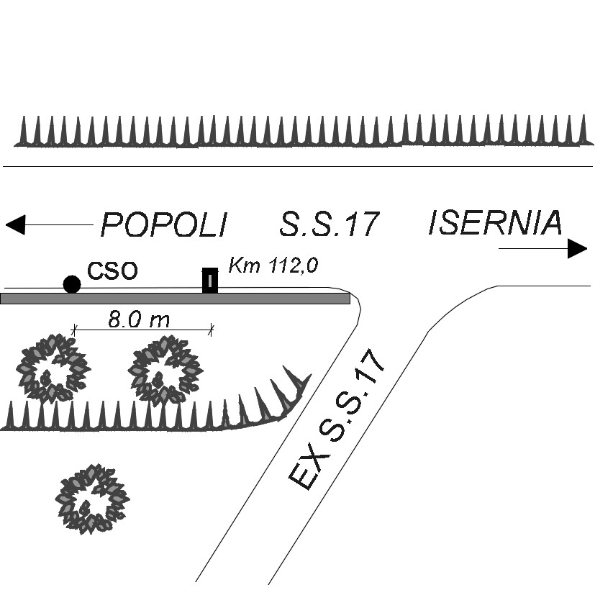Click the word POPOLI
click(164, 224)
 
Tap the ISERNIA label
click(495, 222)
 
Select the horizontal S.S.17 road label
click(330, 224)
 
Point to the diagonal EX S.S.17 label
click(336, 419)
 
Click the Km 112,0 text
click(273, 265)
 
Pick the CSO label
click(112, 271)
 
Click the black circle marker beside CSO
click(72, 284)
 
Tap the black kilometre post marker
click(210, 281)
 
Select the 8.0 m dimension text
click(139, 319)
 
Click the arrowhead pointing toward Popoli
click(16, 224)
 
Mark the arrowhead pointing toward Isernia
click(577, 248)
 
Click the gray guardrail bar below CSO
click(175, 299)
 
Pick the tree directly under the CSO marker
click(53, 368)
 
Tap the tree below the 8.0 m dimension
click(165, 369)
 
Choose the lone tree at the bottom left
click(92, 499)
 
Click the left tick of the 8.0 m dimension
click(74, 330)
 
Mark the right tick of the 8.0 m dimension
click(212, 330)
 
